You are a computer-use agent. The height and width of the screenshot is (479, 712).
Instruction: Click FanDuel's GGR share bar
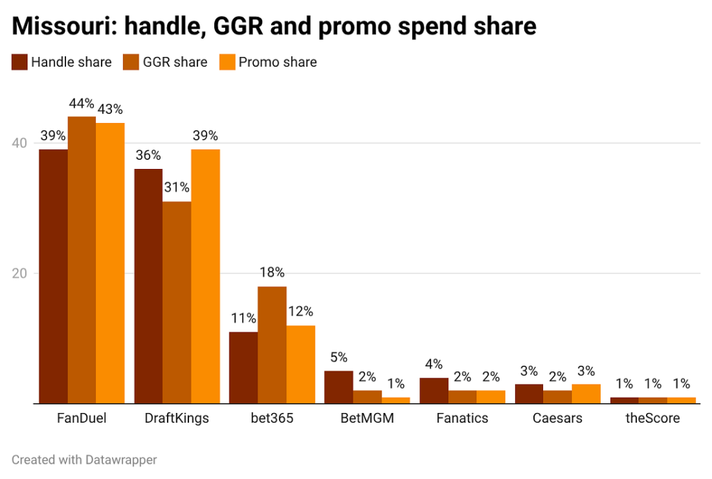pyautogui.click(x=81, y=260)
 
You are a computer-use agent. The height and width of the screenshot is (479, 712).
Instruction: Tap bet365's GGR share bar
pyautogui.click(x=272, y=345)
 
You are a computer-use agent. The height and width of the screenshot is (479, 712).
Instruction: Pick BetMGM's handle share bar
pyautogui.click(x=339, y=387)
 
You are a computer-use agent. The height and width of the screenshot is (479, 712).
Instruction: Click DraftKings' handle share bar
pyautogui.click(x=148, y=286)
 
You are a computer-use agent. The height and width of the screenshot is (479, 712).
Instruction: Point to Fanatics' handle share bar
pyautogui.click(x=434, y=391)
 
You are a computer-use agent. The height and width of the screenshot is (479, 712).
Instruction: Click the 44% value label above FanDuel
pyautogui.click(x=81, y=104)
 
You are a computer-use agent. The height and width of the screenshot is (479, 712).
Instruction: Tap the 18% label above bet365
pyautogui.click(x=272, y=273)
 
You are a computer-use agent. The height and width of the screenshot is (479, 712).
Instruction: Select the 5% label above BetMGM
pyautogui.click(x=339, y=357)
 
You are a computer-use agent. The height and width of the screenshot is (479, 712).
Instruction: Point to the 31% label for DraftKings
pyautogui.click(x=177, y=188)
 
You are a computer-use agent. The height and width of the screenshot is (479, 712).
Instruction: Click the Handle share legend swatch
pyautogui.click(x=19, y=62)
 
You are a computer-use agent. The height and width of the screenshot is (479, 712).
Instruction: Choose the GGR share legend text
pyautogui.click(x=175, y=62)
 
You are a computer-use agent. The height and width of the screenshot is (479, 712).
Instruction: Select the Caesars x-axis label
pyautogui.click(x=557, y=419)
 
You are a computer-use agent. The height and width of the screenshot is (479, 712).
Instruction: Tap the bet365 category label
pyautogui.click(x=272, y=419)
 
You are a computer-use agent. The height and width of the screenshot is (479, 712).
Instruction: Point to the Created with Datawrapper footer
pyautogui.click(x=84, y=460)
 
